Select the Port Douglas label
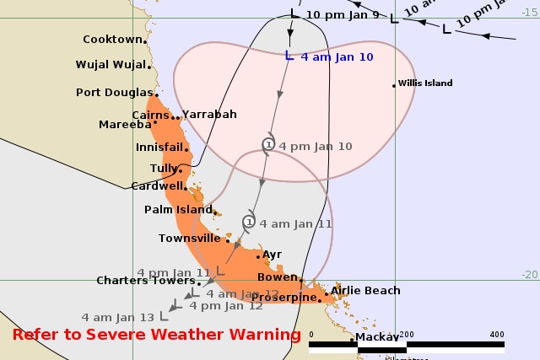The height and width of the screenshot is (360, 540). pyautogui.click(x=114, y=93)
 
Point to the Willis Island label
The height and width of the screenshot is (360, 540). pyautogui.click(x=427, y=83)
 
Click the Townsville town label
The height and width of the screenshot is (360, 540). pyautogui.click(x=189, y=239)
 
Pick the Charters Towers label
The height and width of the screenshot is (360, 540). pyautogui.click(x=146, y=281)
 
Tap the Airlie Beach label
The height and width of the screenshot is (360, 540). pyautogui.click(x=365, y=291)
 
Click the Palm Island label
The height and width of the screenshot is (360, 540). pyautogui.click(x=177, y=209)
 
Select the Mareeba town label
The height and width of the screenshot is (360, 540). pyautogui.click(x=124, y=124)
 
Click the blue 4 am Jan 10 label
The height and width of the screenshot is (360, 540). pyautogui.click(x=327, y=56)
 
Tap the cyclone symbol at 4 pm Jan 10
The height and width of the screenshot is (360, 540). pyautogui.click(x=268, y=145)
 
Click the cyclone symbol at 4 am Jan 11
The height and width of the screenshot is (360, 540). pyautogui.click(x=249, y=223)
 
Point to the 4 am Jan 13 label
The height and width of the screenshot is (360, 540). pyautogui.click(x=117, y=317)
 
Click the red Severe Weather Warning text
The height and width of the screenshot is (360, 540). pyautogui.click(x=156, y=335)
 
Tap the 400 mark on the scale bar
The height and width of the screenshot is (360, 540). pyautogui.click(x=496, y=334)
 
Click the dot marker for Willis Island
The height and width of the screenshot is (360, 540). pyautogui.click(x=394, y=84)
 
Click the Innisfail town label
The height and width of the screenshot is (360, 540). pyautogui.click(x=159, y=147)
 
